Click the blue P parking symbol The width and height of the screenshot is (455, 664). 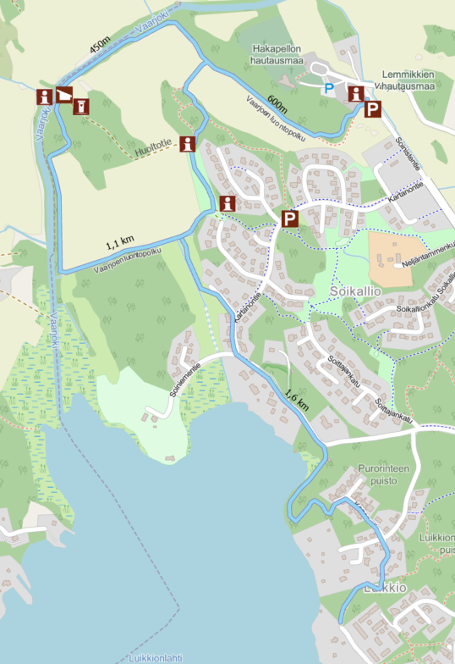(x=329, y=87)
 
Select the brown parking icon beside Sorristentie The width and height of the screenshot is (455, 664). (x=373, y=109)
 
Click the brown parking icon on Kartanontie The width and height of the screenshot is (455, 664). (x=290, y=219)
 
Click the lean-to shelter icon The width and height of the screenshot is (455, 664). (x=64, y=95)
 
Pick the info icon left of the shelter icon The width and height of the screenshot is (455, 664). (x=43, y=95)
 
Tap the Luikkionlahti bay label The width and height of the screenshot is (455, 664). (x=157, y=657)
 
